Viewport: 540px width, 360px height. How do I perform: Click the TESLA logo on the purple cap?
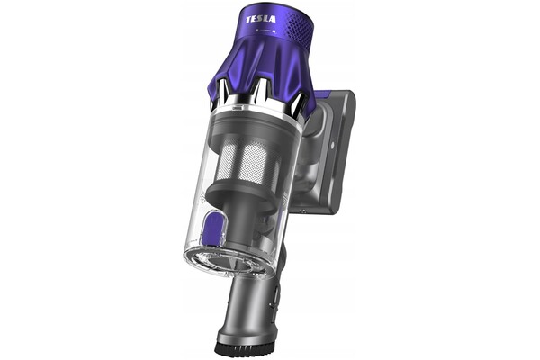point(261,19)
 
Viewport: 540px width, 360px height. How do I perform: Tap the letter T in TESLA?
point(248,20)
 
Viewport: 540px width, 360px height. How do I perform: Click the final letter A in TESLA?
point(273,19)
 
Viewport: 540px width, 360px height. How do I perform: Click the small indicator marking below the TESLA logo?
point(266,31)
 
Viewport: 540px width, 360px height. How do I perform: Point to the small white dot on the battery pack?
point(332,146)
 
